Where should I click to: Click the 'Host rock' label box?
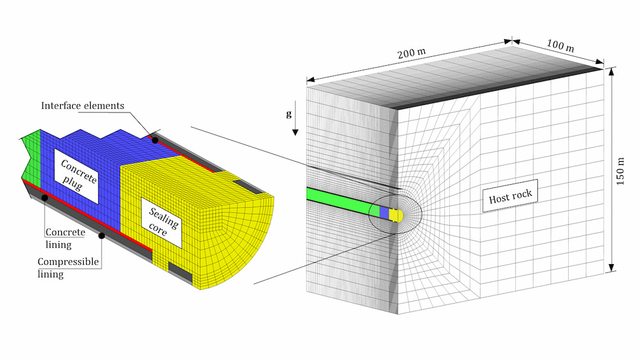tap(510, 196)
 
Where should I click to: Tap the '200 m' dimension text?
tap(412, 53)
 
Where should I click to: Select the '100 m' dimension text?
tap(560, 45)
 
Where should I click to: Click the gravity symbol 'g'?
tap(289, 114)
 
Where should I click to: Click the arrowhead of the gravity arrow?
tap(295, 132)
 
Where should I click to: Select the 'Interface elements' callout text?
tap(82, 106)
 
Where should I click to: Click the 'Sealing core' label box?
tap(161, 223)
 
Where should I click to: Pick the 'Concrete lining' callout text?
tap(65, 238)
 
